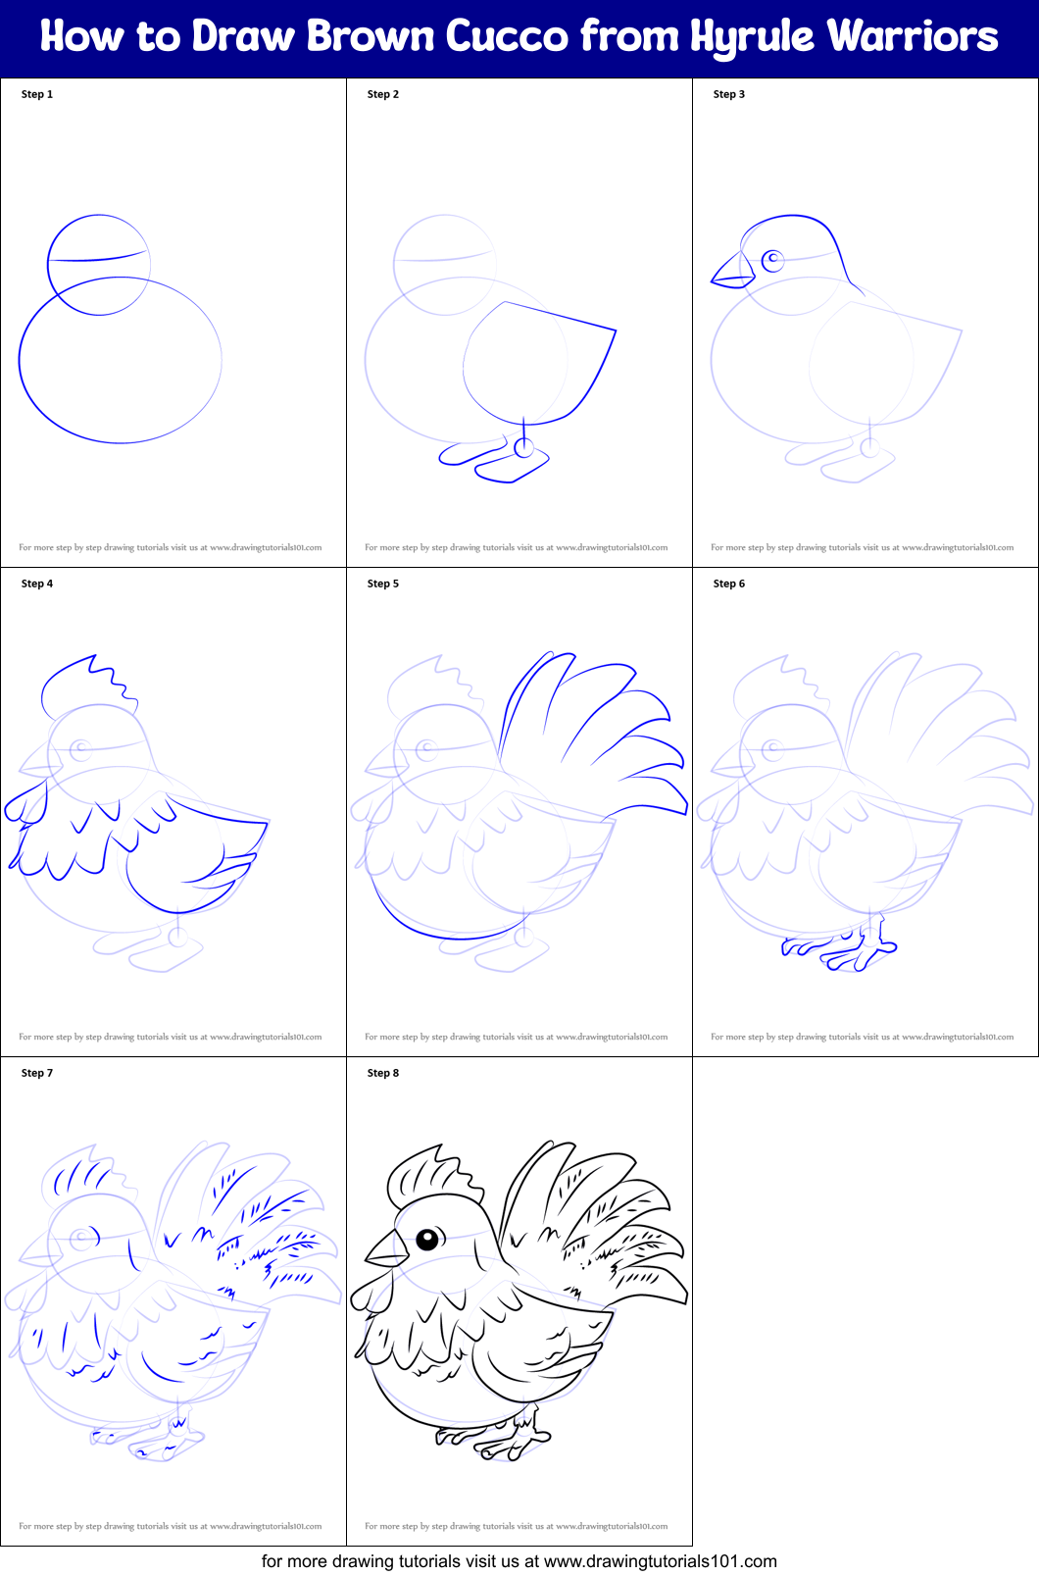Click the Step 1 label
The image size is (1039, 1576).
[37, 94]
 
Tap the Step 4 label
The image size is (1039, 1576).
[37, 584]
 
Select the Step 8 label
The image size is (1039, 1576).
[383, 1073]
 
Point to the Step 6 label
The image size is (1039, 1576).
[729, 584]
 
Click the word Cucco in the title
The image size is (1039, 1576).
[507, 37]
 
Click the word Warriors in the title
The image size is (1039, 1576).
[913, 37]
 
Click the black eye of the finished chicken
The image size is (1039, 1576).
[427, 1240]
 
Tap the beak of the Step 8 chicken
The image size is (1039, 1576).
[387, 1249]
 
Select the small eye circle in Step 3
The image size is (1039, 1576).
[773, 260]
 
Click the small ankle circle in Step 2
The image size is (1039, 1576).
[524, 449]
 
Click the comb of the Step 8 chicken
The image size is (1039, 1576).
[431, 1172]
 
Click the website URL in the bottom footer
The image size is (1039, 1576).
[660, 1561]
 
